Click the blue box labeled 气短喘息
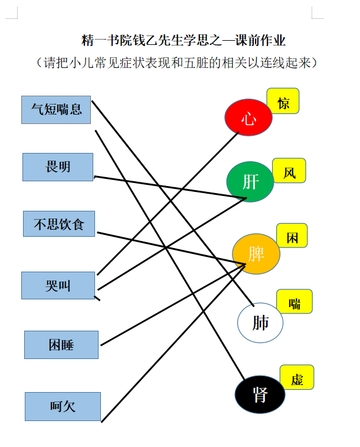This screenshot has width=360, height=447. (56, 110)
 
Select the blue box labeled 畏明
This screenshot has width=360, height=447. (58, 167)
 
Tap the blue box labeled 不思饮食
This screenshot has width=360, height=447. (59, 224)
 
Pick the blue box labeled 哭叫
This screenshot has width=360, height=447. (58, 285)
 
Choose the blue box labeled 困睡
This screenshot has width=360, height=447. (61, 345)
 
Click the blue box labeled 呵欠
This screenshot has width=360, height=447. (63, 406)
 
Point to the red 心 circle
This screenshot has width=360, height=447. (248, 117)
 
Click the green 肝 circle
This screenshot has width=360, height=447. (250, 182)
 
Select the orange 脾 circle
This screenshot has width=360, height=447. (256, 254)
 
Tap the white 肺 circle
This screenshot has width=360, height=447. (260, 322)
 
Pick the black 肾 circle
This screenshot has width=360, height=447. (260, 394)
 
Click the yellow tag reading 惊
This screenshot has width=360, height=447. (283, 101)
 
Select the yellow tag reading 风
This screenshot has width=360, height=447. (289, 171)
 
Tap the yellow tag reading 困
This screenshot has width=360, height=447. (292, 236)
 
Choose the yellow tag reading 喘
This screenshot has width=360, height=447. (294, 301)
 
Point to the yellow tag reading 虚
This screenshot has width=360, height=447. (297, 377)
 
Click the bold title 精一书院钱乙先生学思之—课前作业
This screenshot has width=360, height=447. (183, 40)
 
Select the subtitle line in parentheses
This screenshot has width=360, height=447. (177, 63)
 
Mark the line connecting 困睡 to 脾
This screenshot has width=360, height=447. (173, 305)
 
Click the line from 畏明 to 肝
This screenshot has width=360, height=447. (170, 187)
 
